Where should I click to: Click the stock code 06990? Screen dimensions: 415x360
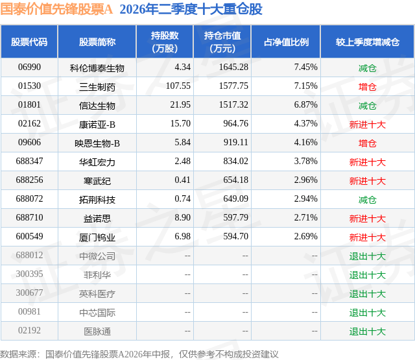[x=29, y=67]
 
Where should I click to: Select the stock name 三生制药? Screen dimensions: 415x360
[x=97, y=87]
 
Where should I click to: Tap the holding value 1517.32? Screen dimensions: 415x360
[x=233, y=105]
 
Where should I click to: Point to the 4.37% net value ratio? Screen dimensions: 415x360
[x=305, y=124]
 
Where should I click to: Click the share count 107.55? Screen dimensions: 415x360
[x=178, y=86]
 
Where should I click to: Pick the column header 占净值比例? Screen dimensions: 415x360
[x=286, y=42]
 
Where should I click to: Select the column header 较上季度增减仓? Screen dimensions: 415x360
[x=368, y=42]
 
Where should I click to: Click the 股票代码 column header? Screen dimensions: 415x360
[x=29, y=42]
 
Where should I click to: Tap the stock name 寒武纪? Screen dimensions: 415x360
[x=97, y=181]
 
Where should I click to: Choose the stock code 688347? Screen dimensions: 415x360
[x=29, y=162]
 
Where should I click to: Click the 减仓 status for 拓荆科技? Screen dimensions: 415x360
[x=368, y=200]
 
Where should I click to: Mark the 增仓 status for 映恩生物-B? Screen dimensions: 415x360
[x=368, y=143]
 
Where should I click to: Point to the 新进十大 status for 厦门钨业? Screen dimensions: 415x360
[x=368, y=237]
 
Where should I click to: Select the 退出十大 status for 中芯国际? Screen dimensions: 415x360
[x=368, y=313]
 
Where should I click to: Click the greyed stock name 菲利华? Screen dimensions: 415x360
[x=97, y=275]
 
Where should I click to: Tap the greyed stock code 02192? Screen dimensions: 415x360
[x=29, y=331]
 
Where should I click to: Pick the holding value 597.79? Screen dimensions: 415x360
[x=235, y=217]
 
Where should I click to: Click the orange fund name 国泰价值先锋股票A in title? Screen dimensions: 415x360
[x=56, y=9]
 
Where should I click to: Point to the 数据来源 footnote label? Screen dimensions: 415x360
[x=18, y=354]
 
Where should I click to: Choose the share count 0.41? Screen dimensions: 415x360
[x=182, y=180]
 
